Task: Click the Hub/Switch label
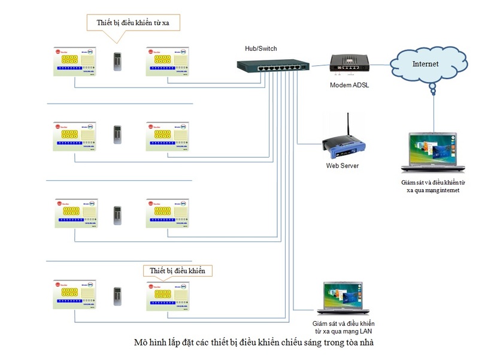[261, 49]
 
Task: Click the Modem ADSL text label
[350, 85]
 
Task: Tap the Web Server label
[342, 165]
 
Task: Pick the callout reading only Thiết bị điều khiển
[178, 271]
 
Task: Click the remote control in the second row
[117, 134]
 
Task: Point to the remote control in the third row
[117, 214]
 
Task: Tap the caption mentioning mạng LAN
[344, 326]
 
